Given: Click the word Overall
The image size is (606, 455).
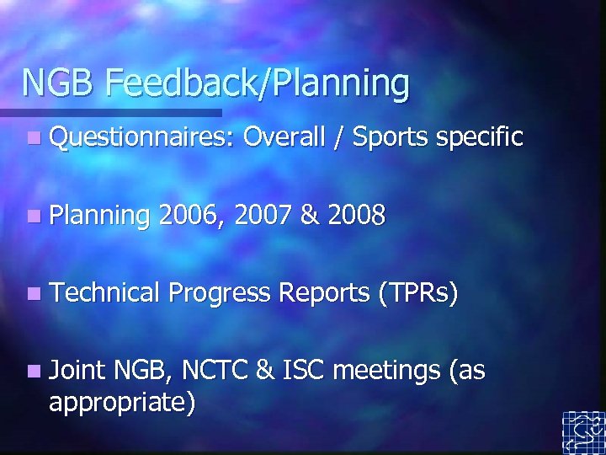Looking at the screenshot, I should [295, 136].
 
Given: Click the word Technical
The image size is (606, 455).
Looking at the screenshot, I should [105, 293].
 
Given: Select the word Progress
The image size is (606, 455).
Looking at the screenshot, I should [221, 294].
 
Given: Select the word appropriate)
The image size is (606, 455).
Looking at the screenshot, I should [123, 403].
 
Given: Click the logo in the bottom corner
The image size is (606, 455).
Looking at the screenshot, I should [583, 432].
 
